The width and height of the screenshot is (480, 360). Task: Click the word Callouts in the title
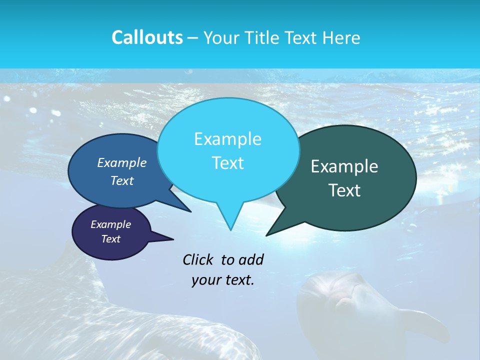(x=147, y=37)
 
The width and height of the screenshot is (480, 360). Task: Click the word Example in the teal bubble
(x=344, y=166)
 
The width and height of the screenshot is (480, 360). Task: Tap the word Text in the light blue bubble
(x=227, y=163)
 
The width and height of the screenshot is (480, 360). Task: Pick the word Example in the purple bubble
(x=110, y=224)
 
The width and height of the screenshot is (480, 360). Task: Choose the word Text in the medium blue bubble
(x=122, y=181)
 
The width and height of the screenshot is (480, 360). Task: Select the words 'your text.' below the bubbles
(x=223, y=280)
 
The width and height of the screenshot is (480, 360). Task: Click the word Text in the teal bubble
(x=345, y=190)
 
